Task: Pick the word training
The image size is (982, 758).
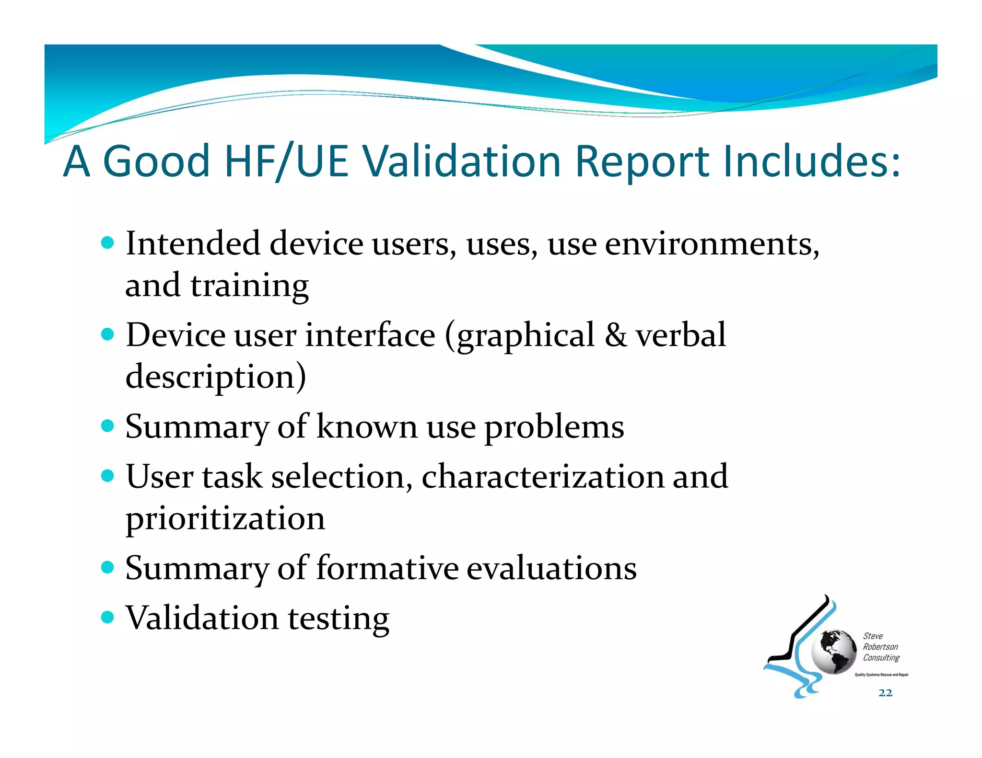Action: coord(249,286)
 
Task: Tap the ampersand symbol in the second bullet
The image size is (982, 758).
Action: coord(615,335)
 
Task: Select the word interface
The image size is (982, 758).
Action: coord(370,335)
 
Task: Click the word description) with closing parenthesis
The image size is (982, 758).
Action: coord(216,377)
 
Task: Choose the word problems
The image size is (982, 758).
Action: coord(554,427)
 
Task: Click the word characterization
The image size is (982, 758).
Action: coord(542,477)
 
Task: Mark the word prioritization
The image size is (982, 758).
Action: coord(225,519)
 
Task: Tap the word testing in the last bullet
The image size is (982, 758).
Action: coord(339,619)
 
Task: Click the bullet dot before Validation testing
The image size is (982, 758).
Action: coord(108,617)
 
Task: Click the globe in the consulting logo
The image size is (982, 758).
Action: coord(833,652)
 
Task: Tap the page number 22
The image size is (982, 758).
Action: coord(885,693)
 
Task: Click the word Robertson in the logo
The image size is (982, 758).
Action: coord(880,647)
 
